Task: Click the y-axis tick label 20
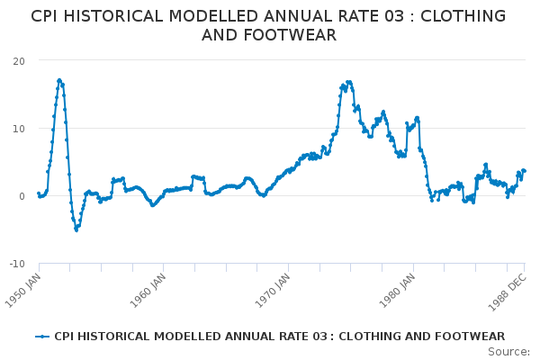click(18, 60)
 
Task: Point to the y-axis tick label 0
click(22, 195)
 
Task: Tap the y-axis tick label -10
click(16, 263)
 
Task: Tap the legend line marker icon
click(42, 336)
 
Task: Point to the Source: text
click(508, 351)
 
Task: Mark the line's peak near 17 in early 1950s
click(59, 80)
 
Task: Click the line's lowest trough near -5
click(76, 229)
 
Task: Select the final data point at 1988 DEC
click(525, 171)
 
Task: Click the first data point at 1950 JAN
click(39, 193)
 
